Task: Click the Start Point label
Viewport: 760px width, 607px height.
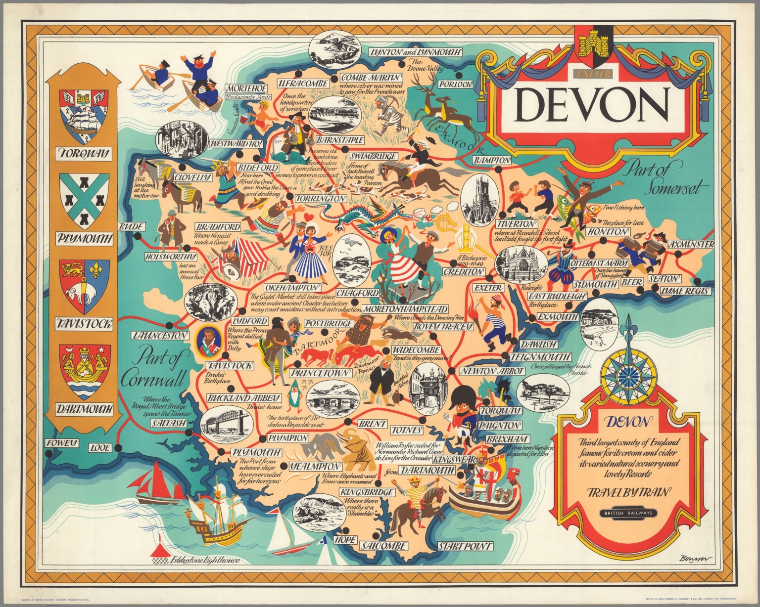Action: pos(465,546)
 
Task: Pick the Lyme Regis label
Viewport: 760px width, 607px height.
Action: pos(686,292)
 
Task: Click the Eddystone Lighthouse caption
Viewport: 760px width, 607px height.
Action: pos(204,561)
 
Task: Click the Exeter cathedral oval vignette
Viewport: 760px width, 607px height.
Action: pos(516,264)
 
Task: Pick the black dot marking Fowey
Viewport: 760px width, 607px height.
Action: pos(48,452)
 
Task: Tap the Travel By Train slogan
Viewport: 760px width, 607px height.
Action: pos(628,492)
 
